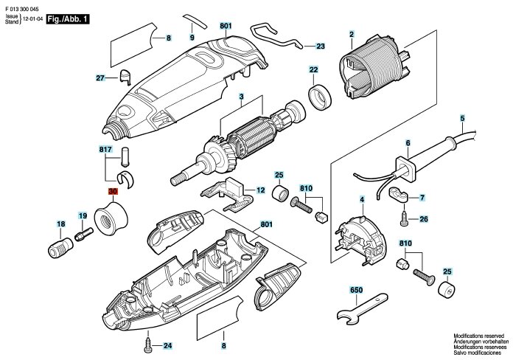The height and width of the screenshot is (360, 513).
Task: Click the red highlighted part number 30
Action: [x=113, y=192]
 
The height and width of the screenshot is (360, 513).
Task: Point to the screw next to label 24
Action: [x=150, y=344]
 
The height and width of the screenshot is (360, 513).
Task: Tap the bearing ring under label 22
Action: [x=320, y=97]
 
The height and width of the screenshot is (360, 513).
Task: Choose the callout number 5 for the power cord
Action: [x=462, y=118]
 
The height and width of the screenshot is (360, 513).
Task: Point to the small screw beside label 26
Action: [x=404, y=219]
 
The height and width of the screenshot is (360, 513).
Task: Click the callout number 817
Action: [x=106, y=149]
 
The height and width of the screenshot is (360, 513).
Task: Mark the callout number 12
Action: [x=260, y=190]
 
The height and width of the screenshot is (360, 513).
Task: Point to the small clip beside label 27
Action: [x=124, y=75]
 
